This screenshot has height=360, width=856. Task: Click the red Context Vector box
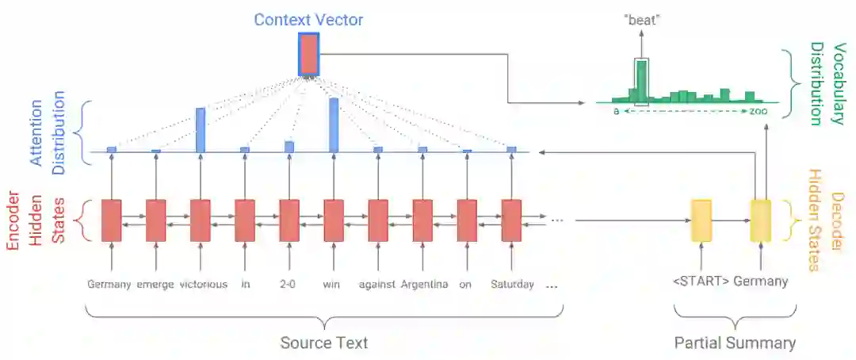[308, 54]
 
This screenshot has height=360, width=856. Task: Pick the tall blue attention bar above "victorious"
[201, 129]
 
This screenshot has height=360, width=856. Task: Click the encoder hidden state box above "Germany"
[111, 220]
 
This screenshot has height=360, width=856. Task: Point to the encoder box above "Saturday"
[511, 220]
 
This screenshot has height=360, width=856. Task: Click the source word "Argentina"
[424, 284]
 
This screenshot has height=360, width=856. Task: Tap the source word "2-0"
[289, 284]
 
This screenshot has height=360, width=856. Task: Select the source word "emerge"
[155, 284]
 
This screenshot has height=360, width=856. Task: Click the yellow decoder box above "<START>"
[701, 220]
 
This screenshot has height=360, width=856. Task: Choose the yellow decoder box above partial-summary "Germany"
[760, 220]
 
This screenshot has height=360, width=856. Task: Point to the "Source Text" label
[323, 343]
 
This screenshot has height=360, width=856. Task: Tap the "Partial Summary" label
[735, 343]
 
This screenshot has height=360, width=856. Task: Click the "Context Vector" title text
[308, 19]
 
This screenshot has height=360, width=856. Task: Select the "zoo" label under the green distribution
[759, 112]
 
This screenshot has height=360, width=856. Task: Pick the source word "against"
[376, 284]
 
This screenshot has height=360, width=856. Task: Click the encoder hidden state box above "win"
[334, 220]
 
